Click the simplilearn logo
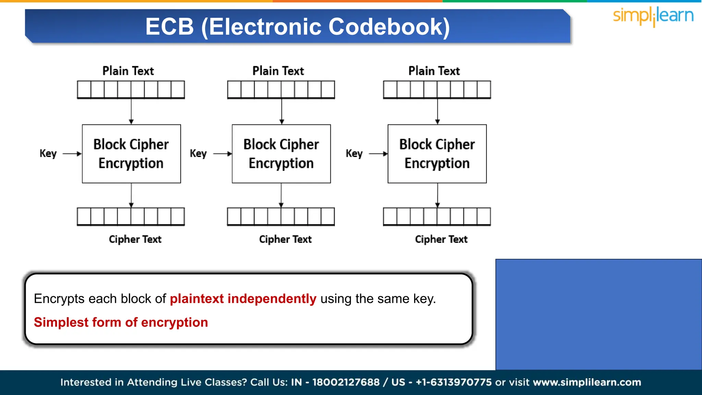653,16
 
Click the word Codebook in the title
389,27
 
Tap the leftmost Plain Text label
128,71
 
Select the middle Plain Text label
278,71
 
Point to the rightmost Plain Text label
434,71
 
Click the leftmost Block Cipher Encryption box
131,154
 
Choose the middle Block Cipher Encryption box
281,154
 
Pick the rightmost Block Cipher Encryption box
437,154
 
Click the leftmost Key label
48,153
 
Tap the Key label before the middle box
198,153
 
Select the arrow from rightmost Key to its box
378,154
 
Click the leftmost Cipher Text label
135,239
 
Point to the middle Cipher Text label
285,239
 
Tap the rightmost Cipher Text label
441,239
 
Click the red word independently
272,299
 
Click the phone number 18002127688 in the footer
346,382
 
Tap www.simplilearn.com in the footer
587,382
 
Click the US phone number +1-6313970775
453,382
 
